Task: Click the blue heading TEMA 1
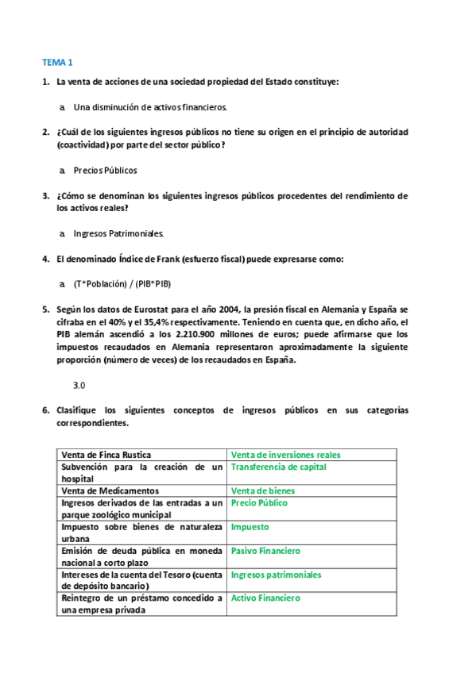pyautogui.click(x=57, y=62)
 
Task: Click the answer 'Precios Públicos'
pyautogui.click(x=105, y=170)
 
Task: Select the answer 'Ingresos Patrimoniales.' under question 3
pyautogui.click(x=118, y=233)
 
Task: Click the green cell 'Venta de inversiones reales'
pyautogui.click(x=285, y=455)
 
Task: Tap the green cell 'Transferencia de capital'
pyautogui.click(x=278, y=467)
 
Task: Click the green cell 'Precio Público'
pyautogui.click(x=259, y=503)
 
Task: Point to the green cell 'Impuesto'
pyautogui.click(x=250, y=527)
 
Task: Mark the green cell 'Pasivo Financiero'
pyautogui.click(x=265, y=551)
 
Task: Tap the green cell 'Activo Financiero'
pyautogui.click(x=265, y=598)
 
